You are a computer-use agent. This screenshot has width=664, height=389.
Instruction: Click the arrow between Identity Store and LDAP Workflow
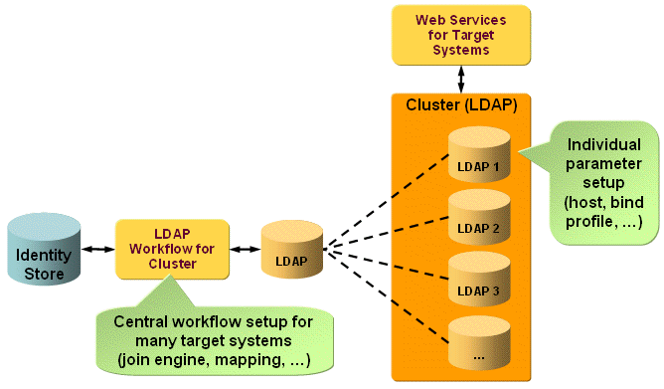point(98,250)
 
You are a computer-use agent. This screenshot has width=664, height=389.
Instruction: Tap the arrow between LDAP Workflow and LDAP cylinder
point(243,250)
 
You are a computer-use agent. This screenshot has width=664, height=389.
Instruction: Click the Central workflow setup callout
point(214,338)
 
